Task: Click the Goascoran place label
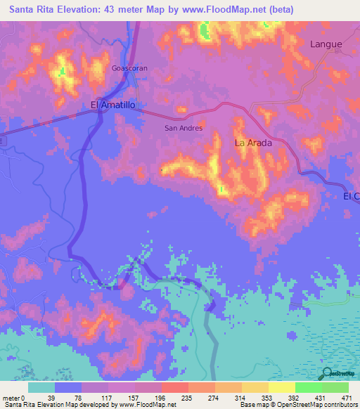coord(129,69)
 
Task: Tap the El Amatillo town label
coord(112,105)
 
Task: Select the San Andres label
coord(184,128)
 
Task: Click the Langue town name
coord(326,44)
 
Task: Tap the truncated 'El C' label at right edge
coord(351,196)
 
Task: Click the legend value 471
coord(347,397)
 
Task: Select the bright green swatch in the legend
coord(309,387)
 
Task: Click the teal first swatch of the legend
coord(41,387)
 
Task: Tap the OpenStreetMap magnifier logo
coord(326,373)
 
